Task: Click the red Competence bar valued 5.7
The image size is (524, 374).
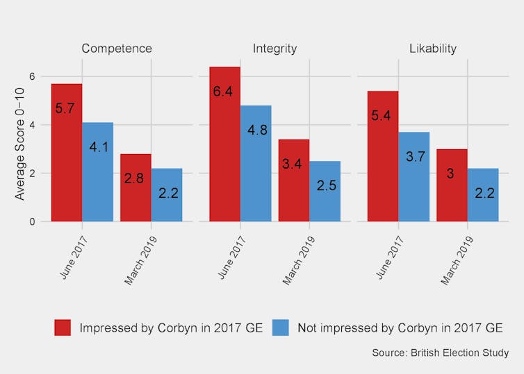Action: coord(67,153)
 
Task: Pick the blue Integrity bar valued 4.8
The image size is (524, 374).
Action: coord(256,164)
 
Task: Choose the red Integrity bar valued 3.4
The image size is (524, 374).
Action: coord(294,180)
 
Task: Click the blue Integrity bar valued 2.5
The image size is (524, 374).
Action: coord(325,192)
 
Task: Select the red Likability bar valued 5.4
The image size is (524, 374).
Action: coord(383,156)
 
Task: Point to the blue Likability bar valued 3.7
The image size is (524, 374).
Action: coord(414,177)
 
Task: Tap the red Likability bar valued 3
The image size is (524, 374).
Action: coord(452,185)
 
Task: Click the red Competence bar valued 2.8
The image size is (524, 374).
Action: coord(136,188)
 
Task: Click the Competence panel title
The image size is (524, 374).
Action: coord(117,49)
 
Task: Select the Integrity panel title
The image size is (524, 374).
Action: coord(275,49)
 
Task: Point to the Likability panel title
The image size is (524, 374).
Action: coord(433,49)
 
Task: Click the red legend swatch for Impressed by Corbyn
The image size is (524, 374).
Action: coord(63,328)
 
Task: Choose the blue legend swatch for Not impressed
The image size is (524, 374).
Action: coord(280,328)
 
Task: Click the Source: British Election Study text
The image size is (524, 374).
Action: coord(440,353)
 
